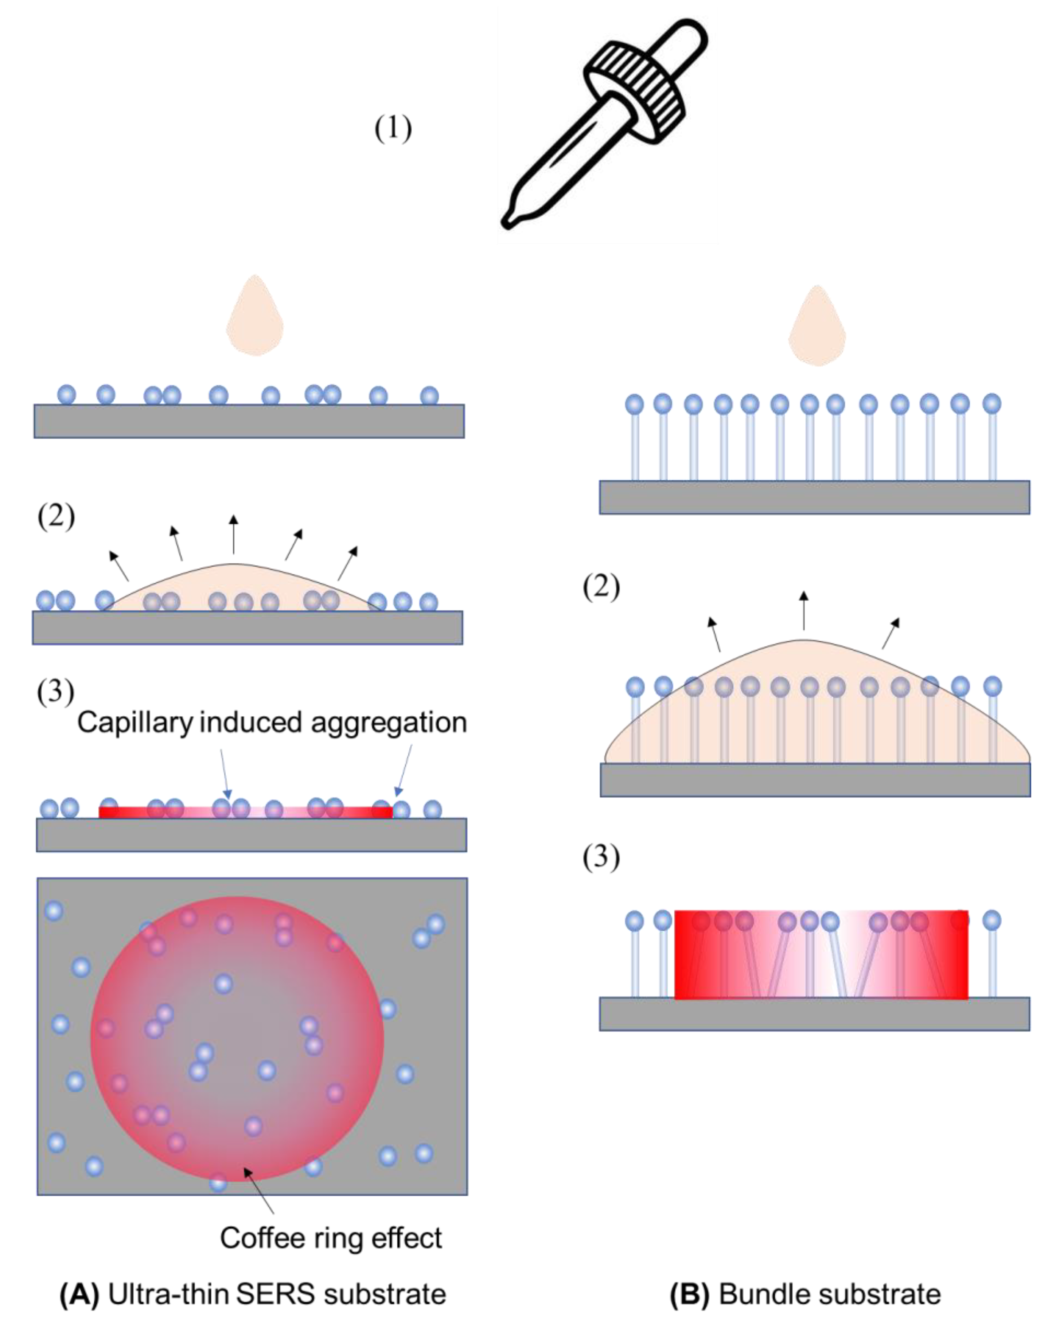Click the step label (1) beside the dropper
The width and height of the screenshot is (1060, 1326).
[393, 129]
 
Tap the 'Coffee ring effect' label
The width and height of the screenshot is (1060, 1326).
[331, 1238]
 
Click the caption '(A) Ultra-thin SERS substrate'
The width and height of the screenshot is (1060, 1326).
[252, 1294]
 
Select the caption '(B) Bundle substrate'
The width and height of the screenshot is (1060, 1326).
[805, 1294]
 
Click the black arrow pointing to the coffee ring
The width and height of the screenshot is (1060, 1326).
[258, 1190]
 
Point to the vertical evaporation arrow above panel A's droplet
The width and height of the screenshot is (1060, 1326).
[233, 534]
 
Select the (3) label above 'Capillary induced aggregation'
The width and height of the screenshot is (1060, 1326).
[55, 692]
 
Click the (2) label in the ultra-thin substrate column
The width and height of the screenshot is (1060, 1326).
[56, 517]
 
